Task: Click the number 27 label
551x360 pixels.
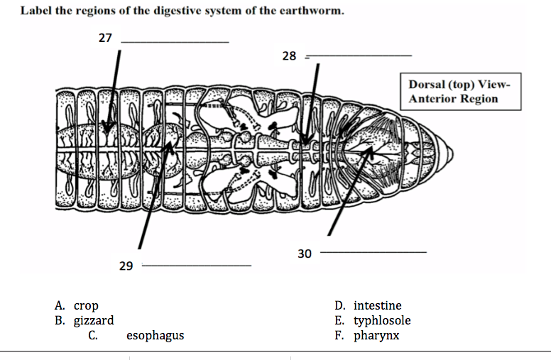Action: (x=105, y=38)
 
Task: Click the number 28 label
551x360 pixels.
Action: (x=289, y=55)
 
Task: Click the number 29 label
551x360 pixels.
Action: (x=126, y=266)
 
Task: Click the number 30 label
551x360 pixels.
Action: (x=304, y=253)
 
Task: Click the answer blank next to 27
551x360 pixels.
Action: (x=175, y=41)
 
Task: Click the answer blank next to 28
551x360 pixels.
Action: (x=358, y=55)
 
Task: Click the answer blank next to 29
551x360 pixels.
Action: (x=197, y=266)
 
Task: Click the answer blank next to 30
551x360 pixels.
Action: (x=374, y=251)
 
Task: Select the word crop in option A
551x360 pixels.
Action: (x=86, y=306)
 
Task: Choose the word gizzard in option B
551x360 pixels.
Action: (x=94, y=321)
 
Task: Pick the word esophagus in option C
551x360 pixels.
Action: (x=155, y=335)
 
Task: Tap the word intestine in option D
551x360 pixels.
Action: (x=377, y=306)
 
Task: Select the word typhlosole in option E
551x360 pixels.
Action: (x=382, y=321)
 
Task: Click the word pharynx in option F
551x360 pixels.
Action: (x=376, y=335)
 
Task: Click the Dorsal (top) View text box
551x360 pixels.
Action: (x=459, y=91)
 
